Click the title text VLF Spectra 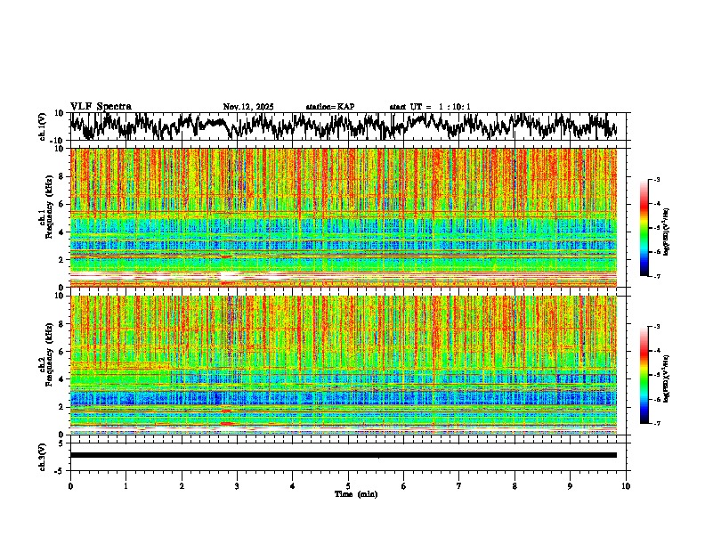(101, 106)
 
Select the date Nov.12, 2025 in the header (248, 107)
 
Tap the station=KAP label (329, 107)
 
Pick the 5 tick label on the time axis (348, 486)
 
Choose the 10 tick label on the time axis (626, 486)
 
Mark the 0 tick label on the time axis (70, 486)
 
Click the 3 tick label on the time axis (237, 486)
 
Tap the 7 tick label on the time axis (459, 486)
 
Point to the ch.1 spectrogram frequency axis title (44, 218)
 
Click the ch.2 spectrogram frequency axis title (44, 365)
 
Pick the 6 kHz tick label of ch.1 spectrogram (62, 204)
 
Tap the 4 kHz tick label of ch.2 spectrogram (62, 378)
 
